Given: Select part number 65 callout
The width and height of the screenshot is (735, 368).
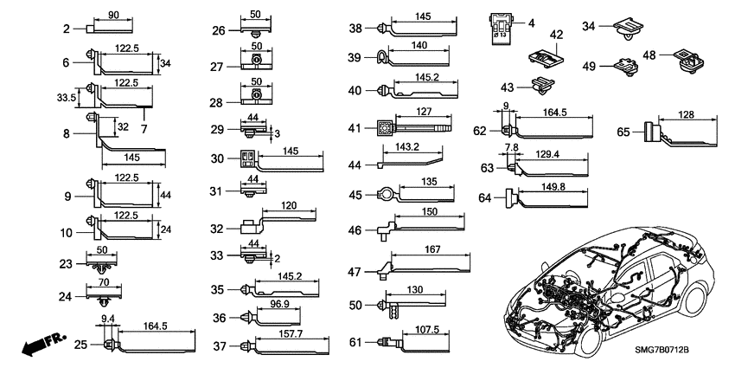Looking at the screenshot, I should [x=623, y=132].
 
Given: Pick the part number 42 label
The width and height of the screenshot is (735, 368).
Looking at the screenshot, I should [x=555, y=34].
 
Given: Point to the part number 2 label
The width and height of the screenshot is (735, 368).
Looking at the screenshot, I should [x=66, y=29].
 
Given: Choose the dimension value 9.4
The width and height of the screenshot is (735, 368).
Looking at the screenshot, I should [x=105, y=319].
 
